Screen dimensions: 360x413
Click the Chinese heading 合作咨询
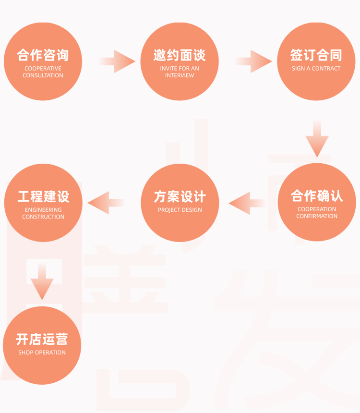click(43, 55)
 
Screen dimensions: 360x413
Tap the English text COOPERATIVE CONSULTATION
click(43, 72)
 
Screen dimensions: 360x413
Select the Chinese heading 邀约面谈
click(180, 55)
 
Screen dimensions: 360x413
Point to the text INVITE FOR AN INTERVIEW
click(180, 72)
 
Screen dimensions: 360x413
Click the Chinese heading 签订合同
click(316, 55)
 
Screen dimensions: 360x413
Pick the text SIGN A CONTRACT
click(316, 69)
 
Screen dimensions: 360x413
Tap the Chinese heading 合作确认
click(317, 196)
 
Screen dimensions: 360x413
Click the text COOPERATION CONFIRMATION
click(317, 213)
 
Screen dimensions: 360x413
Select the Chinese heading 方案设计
click(180, 196)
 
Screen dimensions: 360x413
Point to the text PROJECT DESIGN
click(180, 210)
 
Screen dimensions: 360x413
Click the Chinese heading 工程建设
click(44, 196)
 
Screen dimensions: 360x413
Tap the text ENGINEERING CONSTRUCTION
click(43, 213)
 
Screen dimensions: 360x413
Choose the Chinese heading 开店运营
click(42, 339)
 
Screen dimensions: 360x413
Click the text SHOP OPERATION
click(42, 352)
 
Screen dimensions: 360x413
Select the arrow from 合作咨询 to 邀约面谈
click(117, 61)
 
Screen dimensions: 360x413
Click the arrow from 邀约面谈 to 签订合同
click(253, 61)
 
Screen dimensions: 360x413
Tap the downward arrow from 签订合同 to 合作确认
click(317, 139)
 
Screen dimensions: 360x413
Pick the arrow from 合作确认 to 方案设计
click(247, 203)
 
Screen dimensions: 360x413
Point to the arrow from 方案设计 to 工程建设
click(106, 203)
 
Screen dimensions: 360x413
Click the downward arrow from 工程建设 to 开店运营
click(42, 281)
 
